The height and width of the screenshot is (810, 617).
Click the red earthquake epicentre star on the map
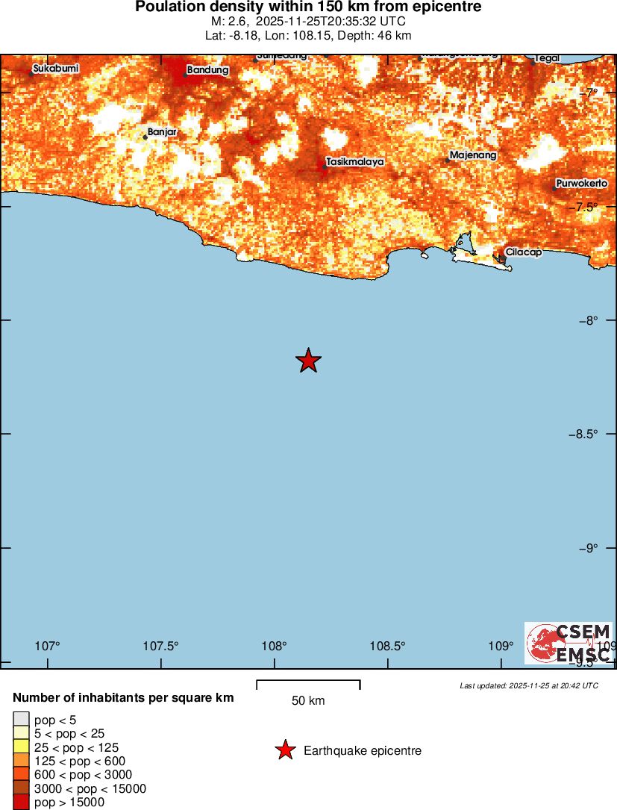tap(308, 361)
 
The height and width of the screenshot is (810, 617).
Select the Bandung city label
tap(207, 69)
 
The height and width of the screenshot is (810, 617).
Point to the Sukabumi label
tap(56, 69)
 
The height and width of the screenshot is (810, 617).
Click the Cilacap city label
tap(523, 252)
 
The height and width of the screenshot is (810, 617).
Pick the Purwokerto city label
tap(582, 183)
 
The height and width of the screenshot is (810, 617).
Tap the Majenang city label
tap(473, 155)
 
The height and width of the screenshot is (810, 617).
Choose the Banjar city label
tap(162, 131)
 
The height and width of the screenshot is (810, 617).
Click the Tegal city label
tap(547, 58)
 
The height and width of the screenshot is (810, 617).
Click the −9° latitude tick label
tap(587, 548)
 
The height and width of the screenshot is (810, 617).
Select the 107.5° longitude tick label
tap(161, 646)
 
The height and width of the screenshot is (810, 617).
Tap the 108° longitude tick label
tap(275, 646)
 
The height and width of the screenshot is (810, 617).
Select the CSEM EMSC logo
tap(569, 643)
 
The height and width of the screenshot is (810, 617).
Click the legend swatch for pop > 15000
tap(21, 803)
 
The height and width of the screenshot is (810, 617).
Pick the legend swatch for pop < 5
tap(21, 720)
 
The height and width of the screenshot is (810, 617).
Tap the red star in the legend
tap(285, 750)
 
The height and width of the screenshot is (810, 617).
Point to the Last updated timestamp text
tap(528, 685)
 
